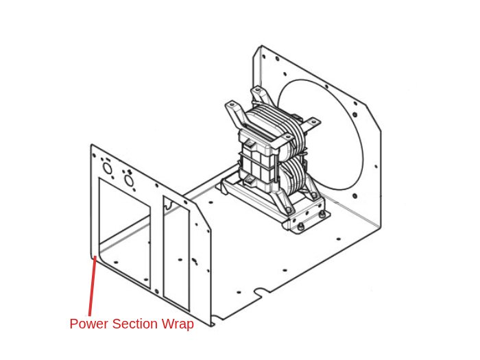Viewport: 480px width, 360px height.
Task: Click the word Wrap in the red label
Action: tap(177, 324)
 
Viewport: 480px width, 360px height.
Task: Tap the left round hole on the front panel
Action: tap(108, 168)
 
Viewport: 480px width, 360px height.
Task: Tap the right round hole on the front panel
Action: tap(128, 180)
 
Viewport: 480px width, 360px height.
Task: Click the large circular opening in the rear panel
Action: tap(322, 134)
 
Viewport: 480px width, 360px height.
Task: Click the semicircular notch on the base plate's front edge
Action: tap(260, 293)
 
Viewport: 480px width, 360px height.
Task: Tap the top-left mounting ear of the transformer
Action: tap(232, 107)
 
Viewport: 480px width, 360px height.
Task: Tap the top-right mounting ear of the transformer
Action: tap(312, 123)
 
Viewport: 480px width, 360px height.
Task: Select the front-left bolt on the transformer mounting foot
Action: tap(300, 226)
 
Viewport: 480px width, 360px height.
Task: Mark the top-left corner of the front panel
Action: tap(92, 145)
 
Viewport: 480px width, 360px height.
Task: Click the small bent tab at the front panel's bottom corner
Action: tap(213, 320)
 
